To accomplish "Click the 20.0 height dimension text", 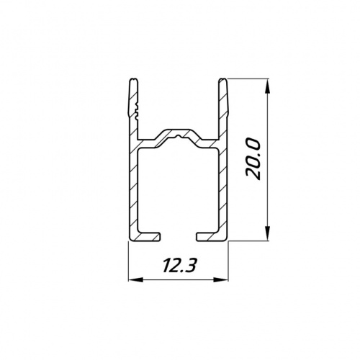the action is (253, 160).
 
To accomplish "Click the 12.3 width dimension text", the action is (178, 266).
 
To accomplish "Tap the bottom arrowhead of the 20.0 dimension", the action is (268, 233).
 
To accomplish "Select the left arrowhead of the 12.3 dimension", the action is (135, 280).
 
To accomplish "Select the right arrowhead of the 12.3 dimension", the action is (221, 280).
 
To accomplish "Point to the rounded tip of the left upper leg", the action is (134, 79).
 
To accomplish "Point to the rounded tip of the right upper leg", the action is (222, 79).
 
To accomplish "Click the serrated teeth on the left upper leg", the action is (137, 111).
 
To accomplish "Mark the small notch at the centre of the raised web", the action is (178, 137).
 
